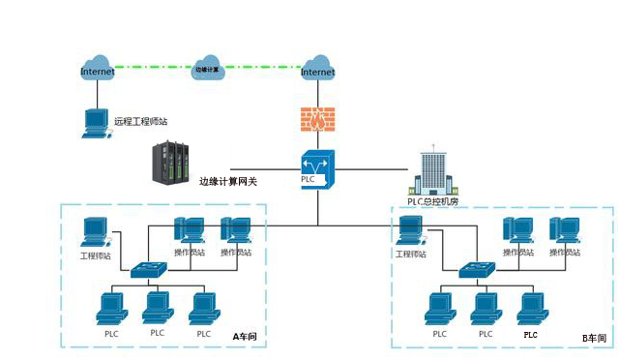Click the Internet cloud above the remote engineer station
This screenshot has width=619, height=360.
point(97,69)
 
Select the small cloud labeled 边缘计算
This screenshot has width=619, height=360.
point(209,69)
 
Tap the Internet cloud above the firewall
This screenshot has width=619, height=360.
point(317,69)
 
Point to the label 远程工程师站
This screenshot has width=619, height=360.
point(140,122)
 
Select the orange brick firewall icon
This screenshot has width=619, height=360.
point(316,119)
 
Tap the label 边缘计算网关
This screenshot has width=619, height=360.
point(228,181)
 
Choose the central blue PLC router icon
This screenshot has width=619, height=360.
point(316,171)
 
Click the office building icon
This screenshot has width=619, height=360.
point(431,172)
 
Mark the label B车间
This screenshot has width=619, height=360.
point(594,338)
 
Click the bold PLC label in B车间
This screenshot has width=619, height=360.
point(530,334)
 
